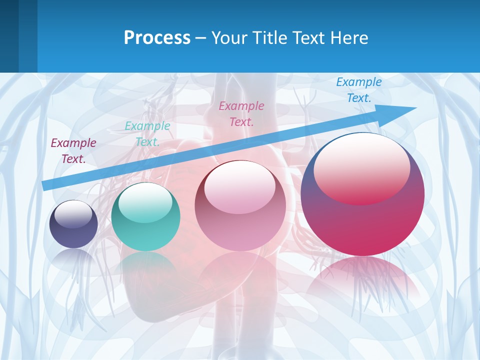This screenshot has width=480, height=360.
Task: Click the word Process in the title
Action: click(157, 37)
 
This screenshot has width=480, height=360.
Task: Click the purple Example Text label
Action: click(73, 151)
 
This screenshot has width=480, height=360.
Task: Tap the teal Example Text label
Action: click(147, 134)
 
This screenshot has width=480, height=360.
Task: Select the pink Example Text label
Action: click(241, 113)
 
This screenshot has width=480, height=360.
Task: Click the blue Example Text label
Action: click(359, 90)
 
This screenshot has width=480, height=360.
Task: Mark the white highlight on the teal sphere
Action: click(145, 202)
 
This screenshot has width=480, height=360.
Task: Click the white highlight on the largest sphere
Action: click(361, 167)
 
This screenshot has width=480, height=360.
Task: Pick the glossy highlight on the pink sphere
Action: click(240, 186)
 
